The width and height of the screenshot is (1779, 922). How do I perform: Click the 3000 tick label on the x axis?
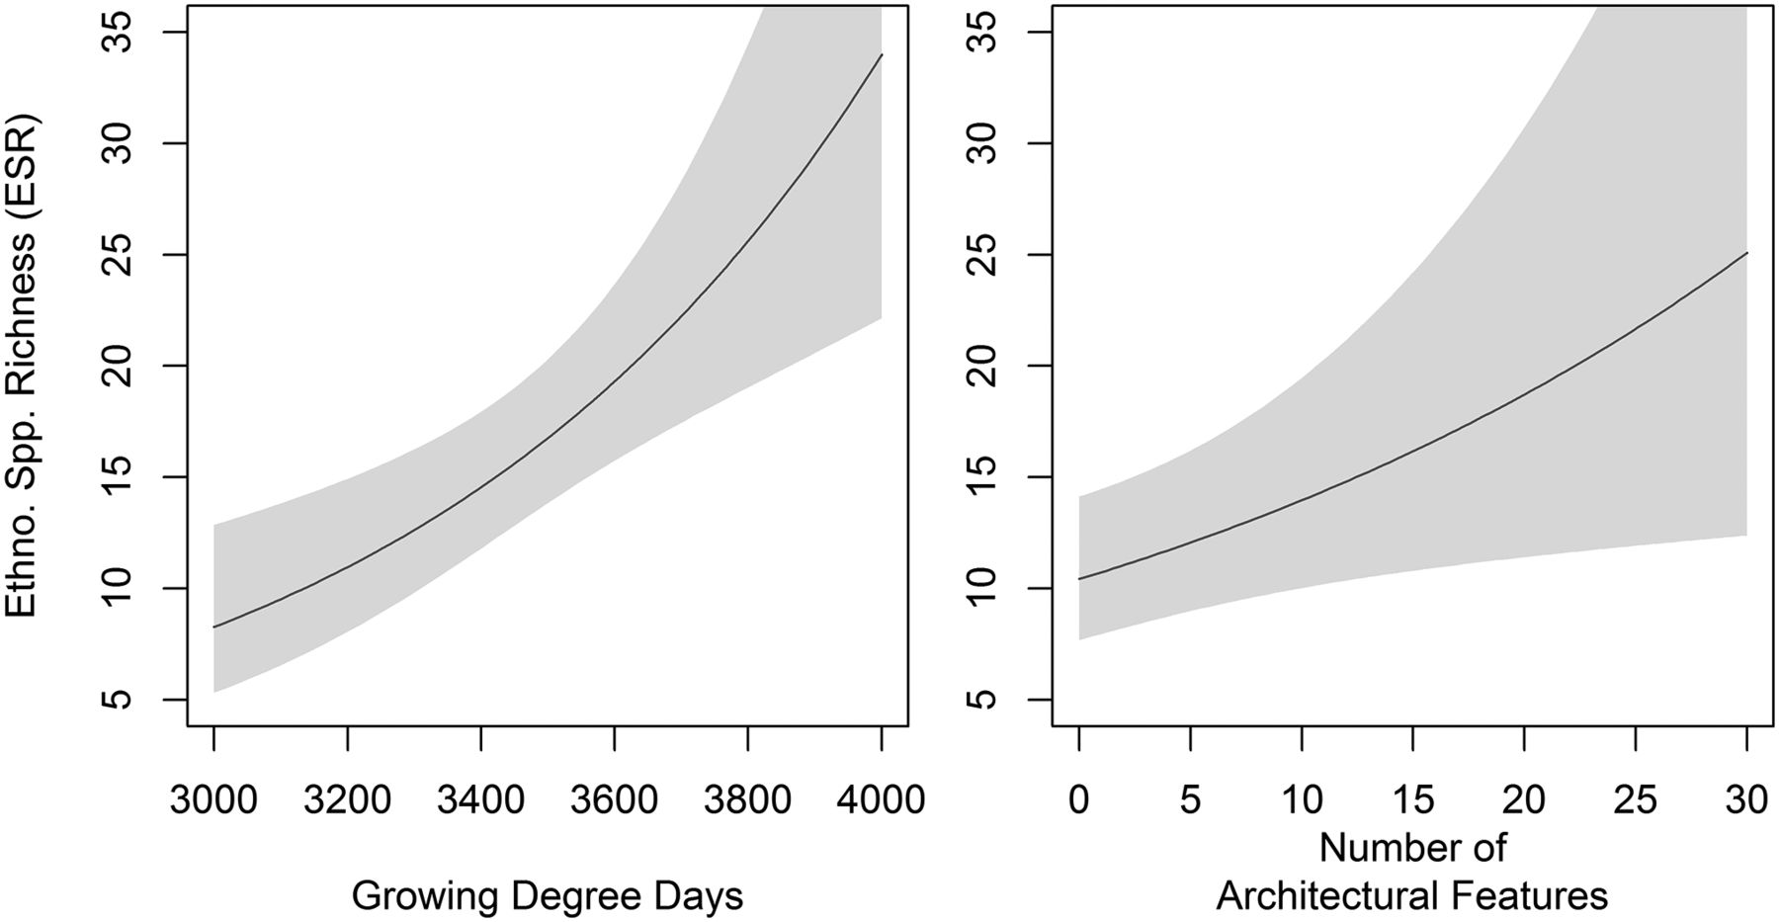(x=213, y=798)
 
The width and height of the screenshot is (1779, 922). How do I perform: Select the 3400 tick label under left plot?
(x=480, y=798)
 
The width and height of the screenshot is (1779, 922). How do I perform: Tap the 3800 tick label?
(x=747, y=798)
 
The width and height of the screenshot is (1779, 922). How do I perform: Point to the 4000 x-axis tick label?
(x=881, y=798)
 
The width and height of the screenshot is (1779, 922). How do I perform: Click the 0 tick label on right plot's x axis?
(x=1079, y=798)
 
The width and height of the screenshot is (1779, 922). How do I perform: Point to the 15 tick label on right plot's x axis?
(x=1413, y=798)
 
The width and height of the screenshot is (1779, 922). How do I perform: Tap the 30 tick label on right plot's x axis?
(x=1746, y=798)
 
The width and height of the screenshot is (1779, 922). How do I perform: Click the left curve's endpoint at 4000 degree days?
(x=881, y=54)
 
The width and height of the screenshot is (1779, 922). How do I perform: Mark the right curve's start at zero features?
(x=1079, y=578)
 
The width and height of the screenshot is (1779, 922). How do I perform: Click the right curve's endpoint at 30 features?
(x=1746, y=253)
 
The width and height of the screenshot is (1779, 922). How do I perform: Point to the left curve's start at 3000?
(x=213, y=627)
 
